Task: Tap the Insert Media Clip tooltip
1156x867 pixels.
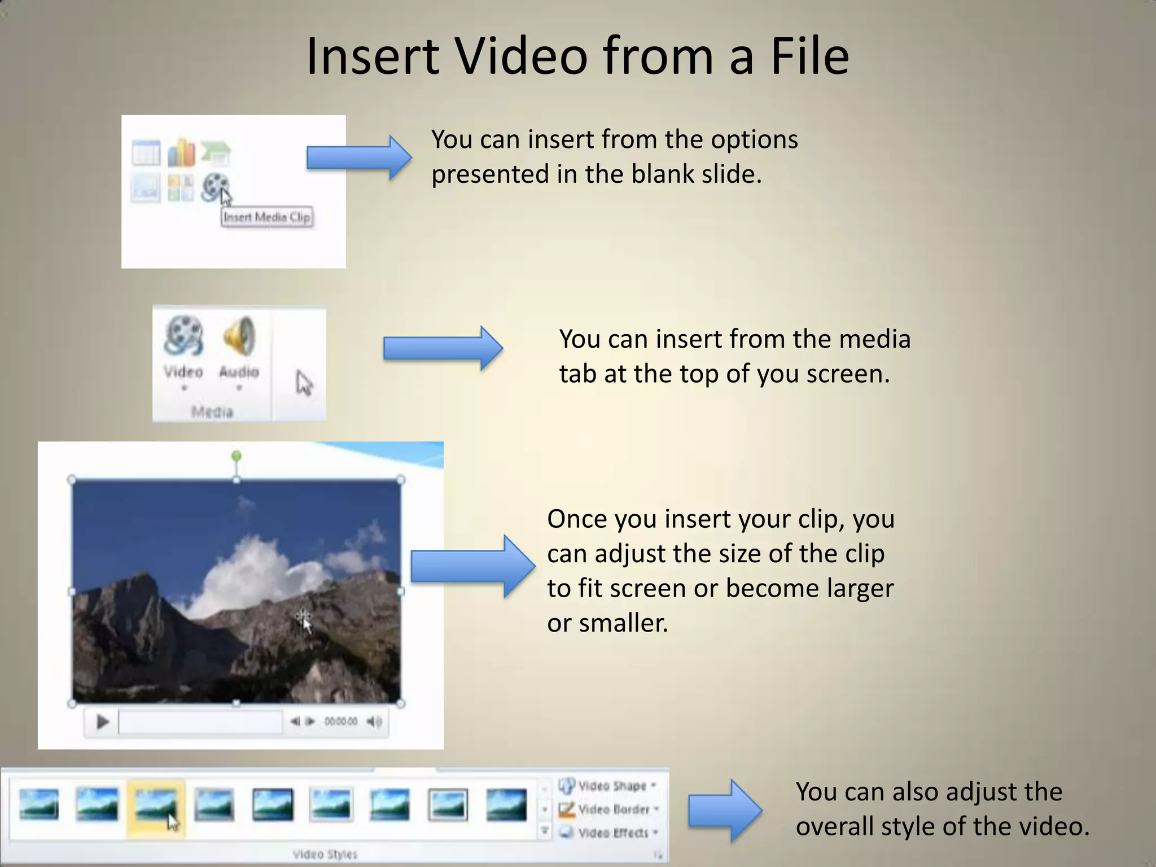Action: point(267,217)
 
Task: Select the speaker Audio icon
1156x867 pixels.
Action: point(239,336)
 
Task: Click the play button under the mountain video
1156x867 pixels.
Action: point(102,721)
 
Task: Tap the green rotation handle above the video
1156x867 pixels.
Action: point(237,456)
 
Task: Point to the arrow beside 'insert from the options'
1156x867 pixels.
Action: point(359,157)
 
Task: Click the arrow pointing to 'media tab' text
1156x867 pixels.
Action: point(443,348)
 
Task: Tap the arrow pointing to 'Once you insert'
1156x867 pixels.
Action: point(472,566)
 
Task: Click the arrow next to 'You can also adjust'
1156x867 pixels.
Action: point(725,811)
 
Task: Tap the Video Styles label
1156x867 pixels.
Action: point(325,854)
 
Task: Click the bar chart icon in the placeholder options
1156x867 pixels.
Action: point(181,152)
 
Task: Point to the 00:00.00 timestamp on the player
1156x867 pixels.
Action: point(341,721)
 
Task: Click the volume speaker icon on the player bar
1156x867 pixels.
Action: point(374,721)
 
